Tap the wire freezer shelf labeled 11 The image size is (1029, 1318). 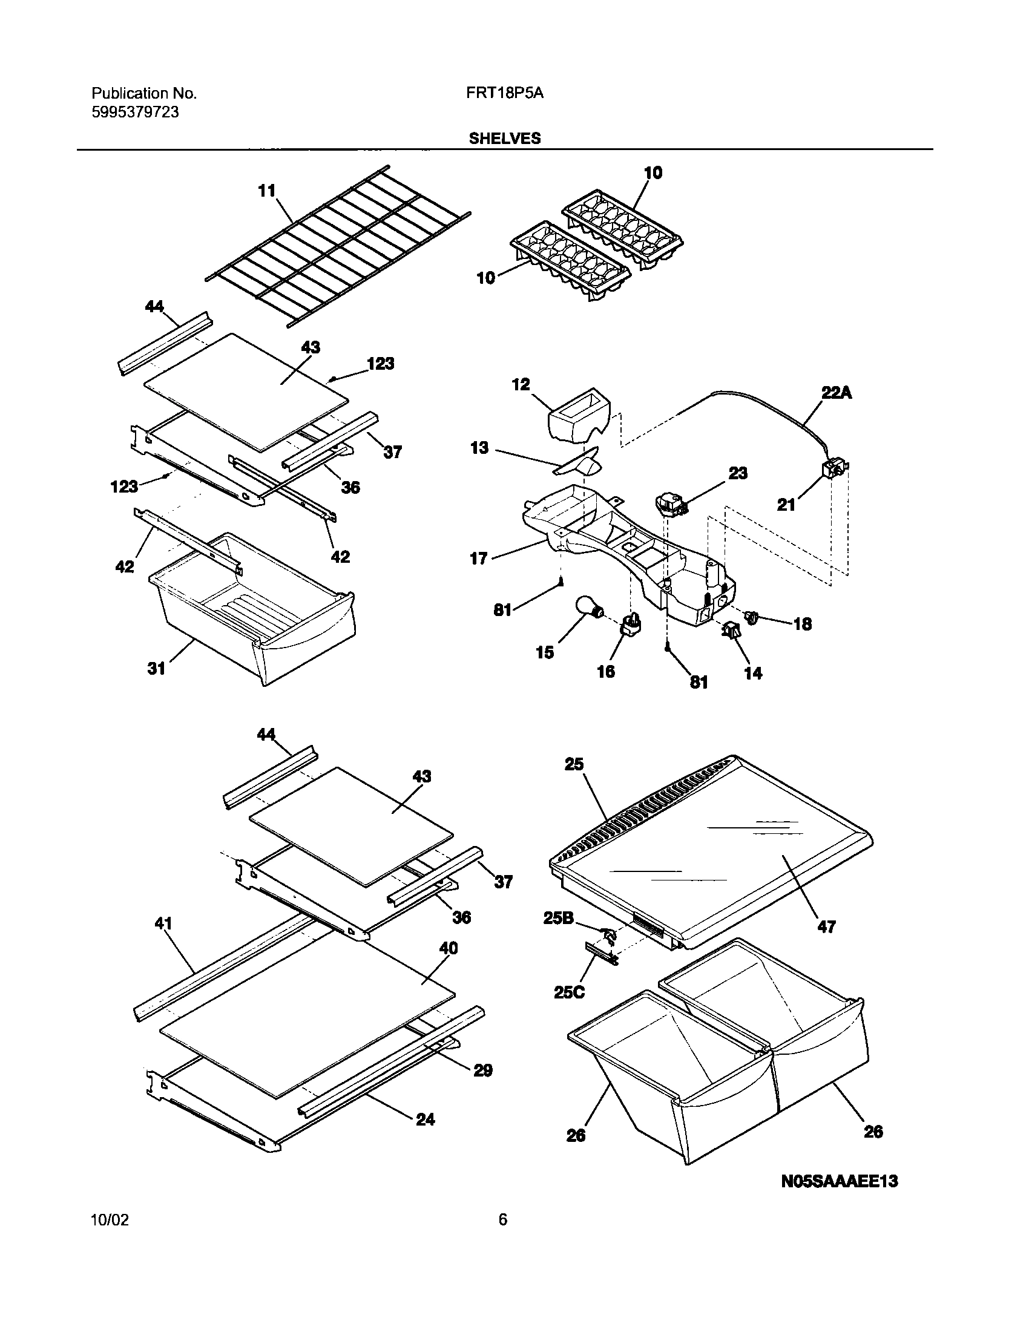(339, 248)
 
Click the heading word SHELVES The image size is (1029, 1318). (505, 139)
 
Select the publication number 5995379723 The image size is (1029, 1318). (135, 113)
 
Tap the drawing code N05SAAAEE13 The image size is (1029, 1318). (840, 1181)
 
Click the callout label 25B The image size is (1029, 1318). (557, 918)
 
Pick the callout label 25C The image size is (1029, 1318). (568, 992)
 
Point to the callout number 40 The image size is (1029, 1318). (448, 948)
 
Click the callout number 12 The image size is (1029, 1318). (521, 384)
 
